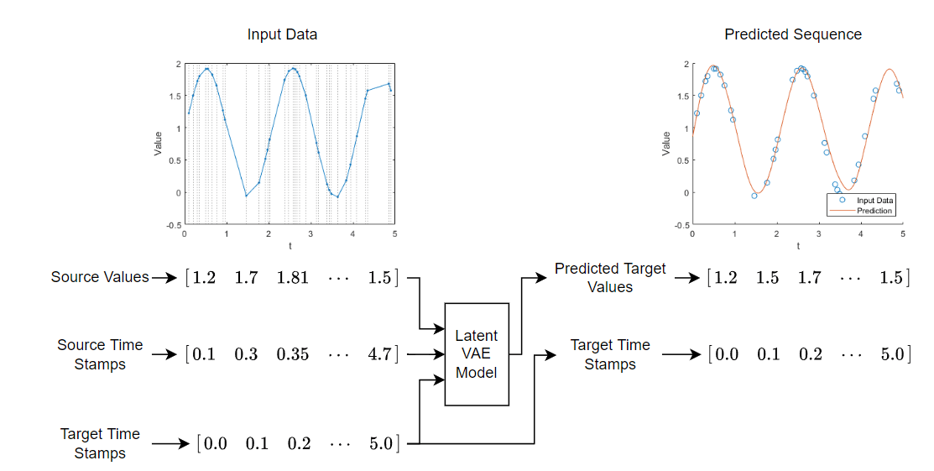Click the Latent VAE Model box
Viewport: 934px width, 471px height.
(x=477, y=354)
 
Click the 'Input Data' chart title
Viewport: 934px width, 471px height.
(x=282, y=34)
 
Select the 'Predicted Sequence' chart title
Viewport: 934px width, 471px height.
(x=793, y=34)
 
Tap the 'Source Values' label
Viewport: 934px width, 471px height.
(x=100, y=277)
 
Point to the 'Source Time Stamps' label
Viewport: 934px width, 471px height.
(x=100, y=355)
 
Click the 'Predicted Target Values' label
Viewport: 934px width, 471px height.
(x=610, y=278)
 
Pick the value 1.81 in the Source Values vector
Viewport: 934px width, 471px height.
(x=293, y=278)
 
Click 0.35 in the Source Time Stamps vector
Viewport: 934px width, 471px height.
(x=293, y=355)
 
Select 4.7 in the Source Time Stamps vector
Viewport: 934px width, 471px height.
(x=379, y=355)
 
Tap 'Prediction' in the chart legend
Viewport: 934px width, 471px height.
(x=874, y=211)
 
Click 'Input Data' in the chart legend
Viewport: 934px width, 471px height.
(x=875, y=201)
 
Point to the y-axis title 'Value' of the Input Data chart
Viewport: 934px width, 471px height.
(x=158, y=144)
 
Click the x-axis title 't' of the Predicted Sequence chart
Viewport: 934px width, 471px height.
(x=798, y=246)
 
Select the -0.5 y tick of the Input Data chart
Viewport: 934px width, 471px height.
(x=175, y=225)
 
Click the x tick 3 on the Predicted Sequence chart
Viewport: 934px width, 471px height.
(x=818, y=234)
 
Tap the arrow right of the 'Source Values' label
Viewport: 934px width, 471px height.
(x=164, y=278)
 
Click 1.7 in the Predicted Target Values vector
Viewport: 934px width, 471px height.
(x=810, y=278)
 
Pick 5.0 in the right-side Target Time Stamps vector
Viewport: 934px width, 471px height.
(x=893, y=355)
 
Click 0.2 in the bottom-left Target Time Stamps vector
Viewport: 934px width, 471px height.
(x=299, y=444)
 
